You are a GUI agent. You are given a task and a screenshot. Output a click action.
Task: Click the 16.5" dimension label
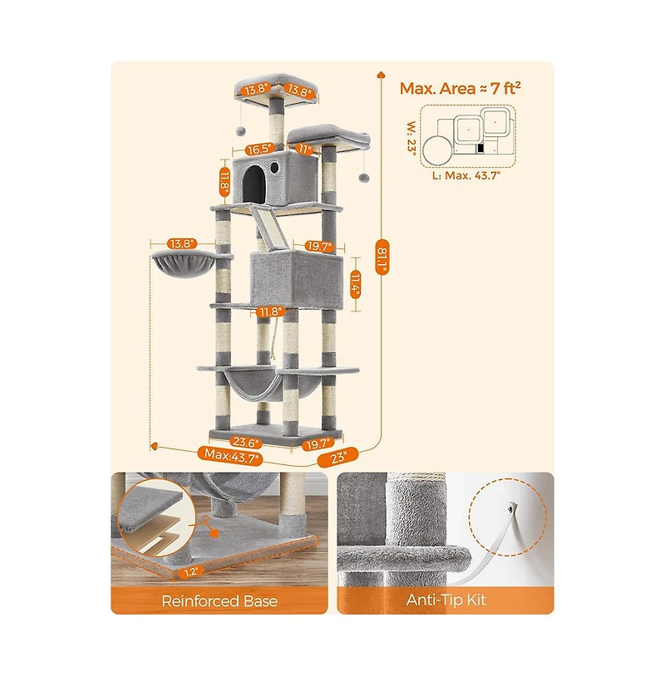(259, 149)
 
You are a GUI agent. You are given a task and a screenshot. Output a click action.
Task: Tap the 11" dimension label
(306, 149)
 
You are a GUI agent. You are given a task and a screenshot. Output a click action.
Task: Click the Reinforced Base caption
(219, 600)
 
